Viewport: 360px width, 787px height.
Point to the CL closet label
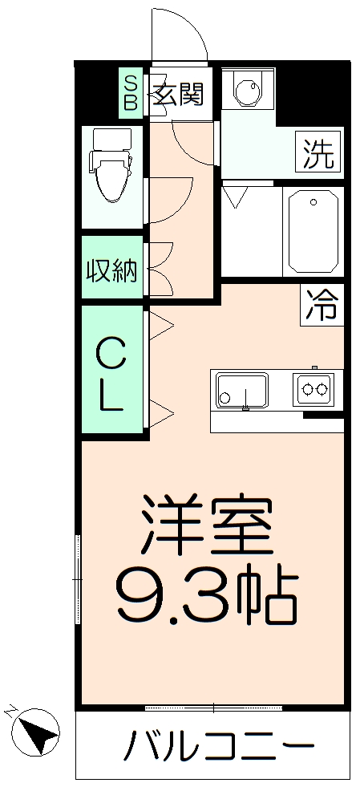click(x=111, y=373)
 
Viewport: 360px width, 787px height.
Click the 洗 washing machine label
click(x=319, y=152)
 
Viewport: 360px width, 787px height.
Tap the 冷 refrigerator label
click(x=322, y=305)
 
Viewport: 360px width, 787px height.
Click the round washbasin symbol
click(x=245, y=91)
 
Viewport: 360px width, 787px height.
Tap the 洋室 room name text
click(x=207, y=527)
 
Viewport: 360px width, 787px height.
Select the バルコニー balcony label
click(x=217, y=748)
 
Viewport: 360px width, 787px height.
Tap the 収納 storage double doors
click(x=160, y=270)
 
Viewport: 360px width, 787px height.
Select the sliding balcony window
click(x=213, y=708)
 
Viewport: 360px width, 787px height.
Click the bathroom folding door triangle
click(x=236, y=197)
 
